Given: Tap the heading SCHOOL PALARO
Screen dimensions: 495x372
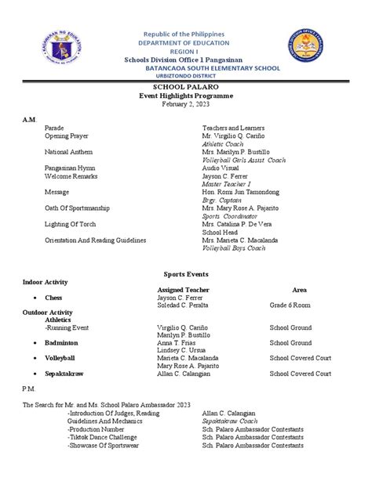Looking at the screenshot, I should (x=186, y=87).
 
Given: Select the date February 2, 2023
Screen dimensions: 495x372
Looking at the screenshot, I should (x=186, y=104).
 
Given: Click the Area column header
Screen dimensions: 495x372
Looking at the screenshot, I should (x=299, y=289).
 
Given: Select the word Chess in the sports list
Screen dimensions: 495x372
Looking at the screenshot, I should (x=54, y=298).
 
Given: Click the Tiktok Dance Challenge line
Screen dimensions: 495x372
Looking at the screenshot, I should (x=105, y=437).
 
